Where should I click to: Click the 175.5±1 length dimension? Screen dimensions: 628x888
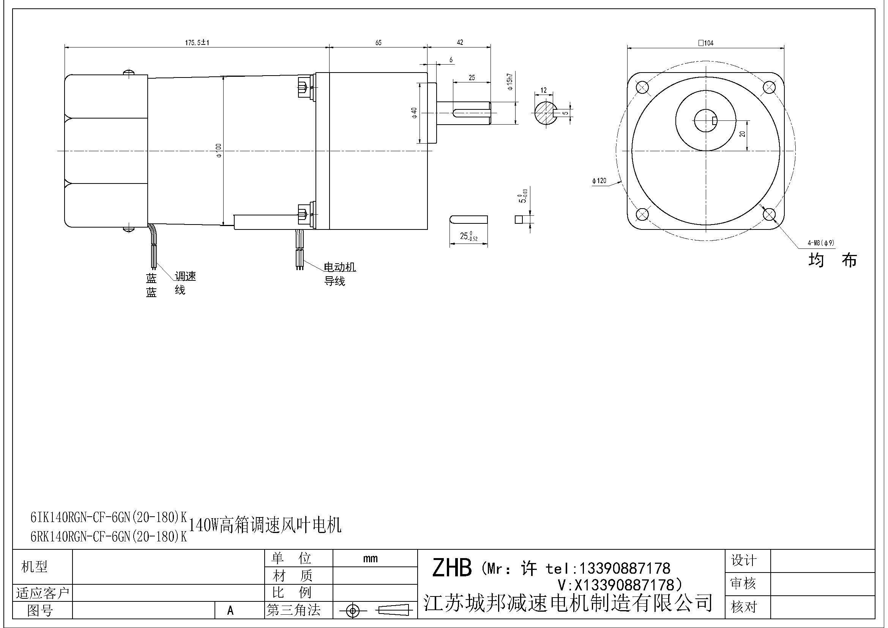tap(197, 43)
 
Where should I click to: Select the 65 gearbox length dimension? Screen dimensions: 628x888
tap(378, 43)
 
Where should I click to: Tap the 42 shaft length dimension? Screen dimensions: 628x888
tap(460, 42)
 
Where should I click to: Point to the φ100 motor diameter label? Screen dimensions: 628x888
tap(219, 150)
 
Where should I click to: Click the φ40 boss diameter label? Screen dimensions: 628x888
tap(414, 112)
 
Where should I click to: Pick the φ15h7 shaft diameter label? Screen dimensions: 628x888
tap(510, 82)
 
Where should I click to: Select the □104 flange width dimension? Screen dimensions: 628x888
tap(706, 43)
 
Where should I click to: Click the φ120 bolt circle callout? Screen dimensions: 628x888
tap(599, 181)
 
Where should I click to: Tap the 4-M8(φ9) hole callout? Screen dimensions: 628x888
tap(821, 243)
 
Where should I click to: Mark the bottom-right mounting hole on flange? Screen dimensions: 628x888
tap(769, 214)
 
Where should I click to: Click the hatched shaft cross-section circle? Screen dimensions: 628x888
tap(545, 113)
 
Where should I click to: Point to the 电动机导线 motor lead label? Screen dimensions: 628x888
tap(339, 274)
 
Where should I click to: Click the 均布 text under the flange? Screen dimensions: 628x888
tap(832, 260)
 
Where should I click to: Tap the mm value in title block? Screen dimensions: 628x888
tap(370, 558)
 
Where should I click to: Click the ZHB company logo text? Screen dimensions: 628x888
tap(451, 568)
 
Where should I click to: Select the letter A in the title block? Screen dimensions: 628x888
tap(230, 611)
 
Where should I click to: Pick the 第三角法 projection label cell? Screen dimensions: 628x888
tap(293, 610)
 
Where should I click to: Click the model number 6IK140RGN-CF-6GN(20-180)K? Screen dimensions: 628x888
tap(109, 517)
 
